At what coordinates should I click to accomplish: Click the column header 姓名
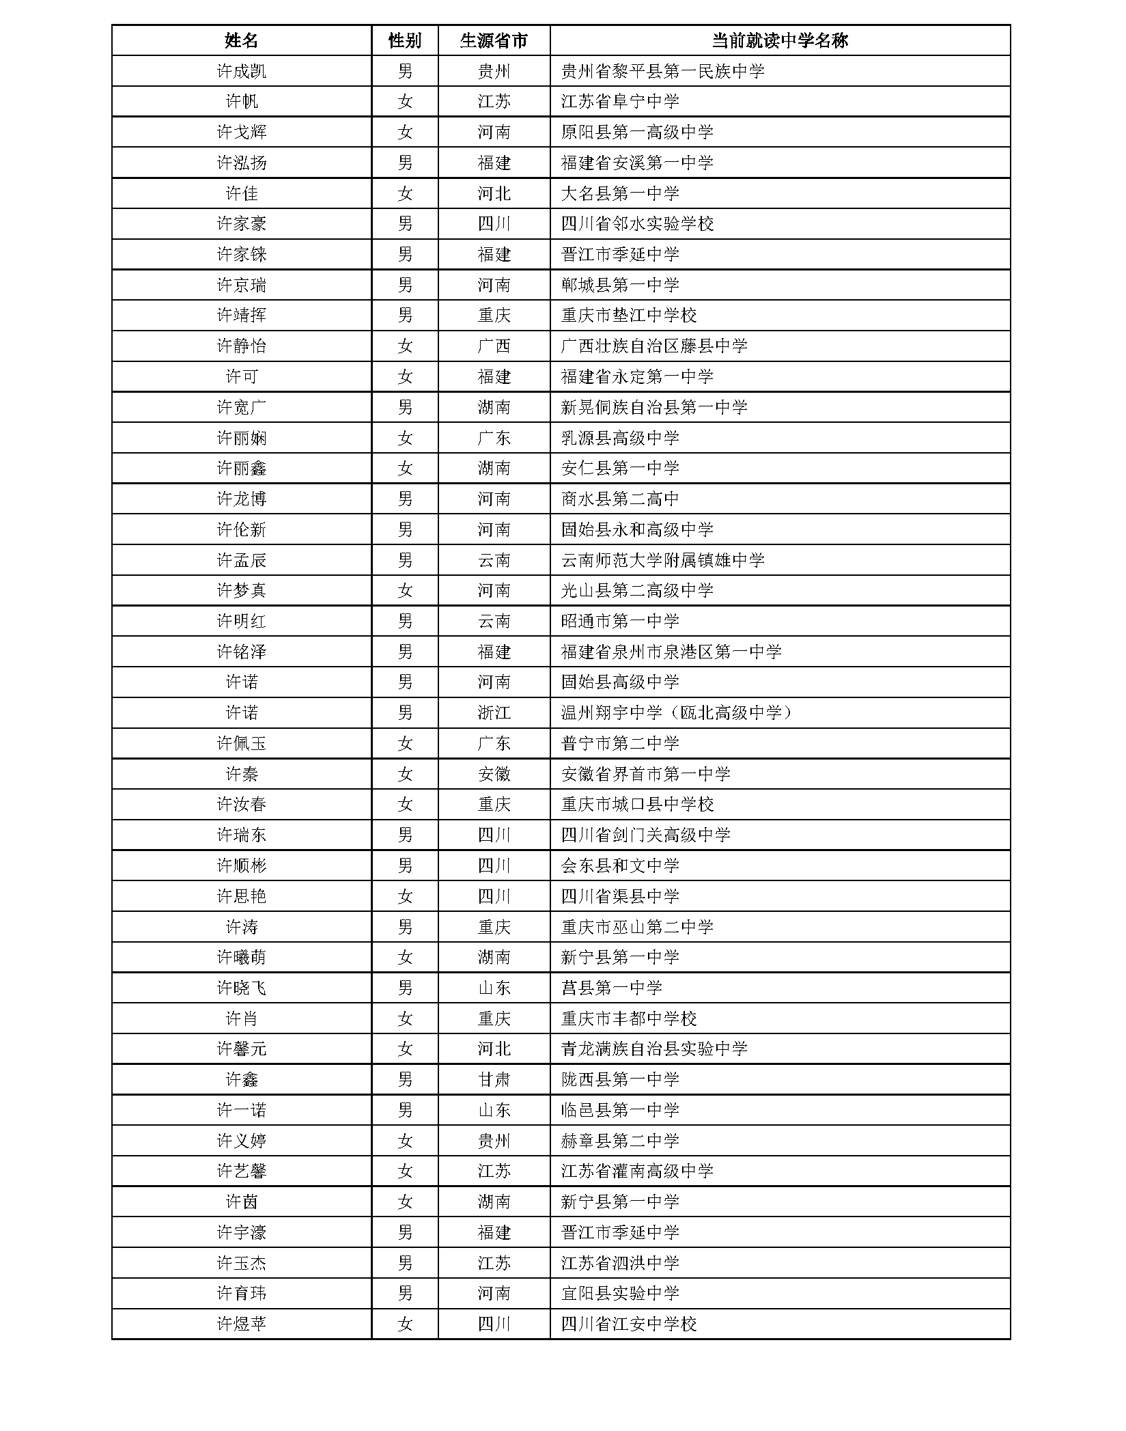click(241, 40)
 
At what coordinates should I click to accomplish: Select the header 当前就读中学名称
click(779, 40)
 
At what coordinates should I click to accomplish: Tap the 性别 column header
click(405, 40)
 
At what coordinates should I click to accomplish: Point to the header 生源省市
click(494, 40)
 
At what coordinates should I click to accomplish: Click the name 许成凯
click(241, 71)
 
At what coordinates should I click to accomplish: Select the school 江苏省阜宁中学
click(620, 102)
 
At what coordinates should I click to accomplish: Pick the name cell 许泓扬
click(241, 163)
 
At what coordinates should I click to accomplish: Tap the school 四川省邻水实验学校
click(637, 224)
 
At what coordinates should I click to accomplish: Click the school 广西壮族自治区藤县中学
click(654, 346)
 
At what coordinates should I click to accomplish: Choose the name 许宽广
click(241, 407)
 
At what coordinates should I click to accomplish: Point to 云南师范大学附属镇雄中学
click(662, 560)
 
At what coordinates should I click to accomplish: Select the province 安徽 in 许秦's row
click(494, 774)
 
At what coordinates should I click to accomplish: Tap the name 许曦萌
click(241, 958)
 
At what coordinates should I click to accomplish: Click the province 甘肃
click(494, 1079)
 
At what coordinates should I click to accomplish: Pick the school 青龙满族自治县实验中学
click(654, 1048)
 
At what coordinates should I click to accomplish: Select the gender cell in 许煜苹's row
click(405, 1324)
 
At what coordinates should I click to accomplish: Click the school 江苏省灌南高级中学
click(637, 1171)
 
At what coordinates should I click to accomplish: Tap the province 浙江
click(494, 713)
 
